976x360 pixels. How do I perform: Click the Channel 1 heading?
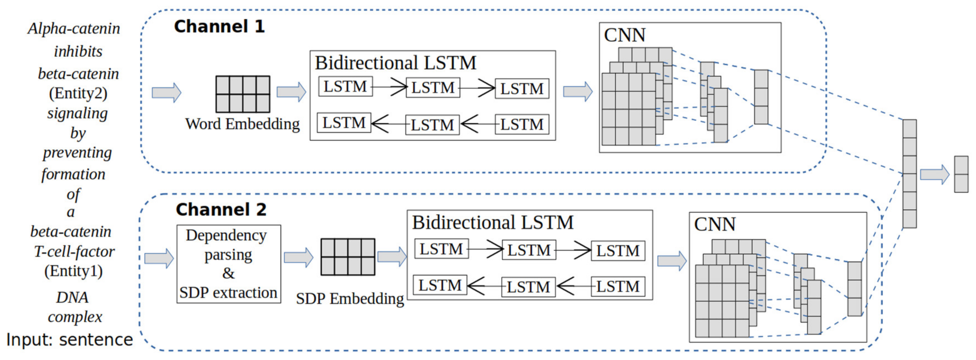point(219,27)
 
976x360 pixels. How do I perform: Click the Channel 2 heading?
point(221,210)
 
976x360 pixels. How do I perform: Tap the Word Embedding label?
point(242,124)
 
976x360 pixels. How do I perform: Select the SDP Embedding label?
point(350,299)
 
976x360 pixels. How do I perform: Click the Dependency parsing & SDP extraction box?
point(229,264)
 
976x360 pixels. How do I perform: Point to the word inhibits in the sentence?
point(78,51)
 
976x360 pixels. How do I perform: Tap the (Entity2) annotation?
point(78,93)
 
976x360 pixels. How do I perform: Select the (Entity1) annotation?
point(74,271)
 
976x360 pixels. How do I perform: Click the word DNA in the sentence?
point(72,298)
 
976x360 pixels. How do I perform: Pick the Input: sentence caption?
point(70,340)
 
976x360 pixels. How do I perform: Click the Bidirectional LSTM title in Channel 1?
point(395,63)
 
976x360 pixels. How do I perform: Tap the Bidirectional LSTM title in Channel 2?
point(493,222)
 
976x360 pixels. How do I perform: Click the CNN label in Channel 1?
point(624,35)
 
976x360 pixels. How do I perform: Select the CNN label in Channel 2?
point(715,224)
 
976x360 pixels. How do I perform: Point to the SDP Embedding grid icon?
point(348,257)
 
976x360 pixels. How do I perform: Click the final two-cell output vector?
point(961,174)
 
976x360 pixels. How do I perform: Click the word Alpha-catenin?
point(74,29)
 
